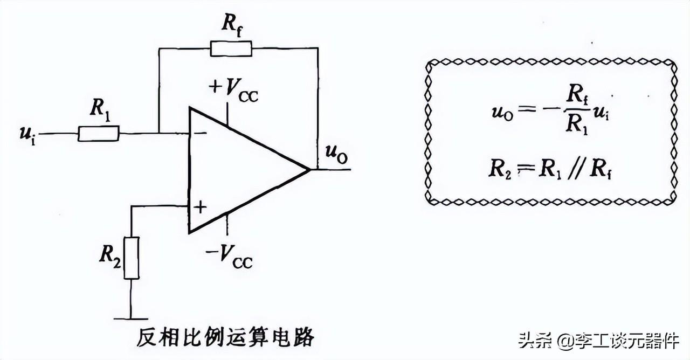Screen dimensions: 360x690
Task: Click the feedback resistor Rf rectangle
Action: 230,49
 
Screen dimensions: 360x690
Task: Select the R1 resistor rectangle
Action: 98,133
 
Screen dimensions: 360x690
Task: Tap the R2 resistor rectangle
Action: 131,257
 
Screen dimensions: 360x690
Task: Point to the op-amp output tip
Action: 310,170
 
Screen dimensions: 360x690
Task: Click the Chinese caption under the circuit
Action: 225,338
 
